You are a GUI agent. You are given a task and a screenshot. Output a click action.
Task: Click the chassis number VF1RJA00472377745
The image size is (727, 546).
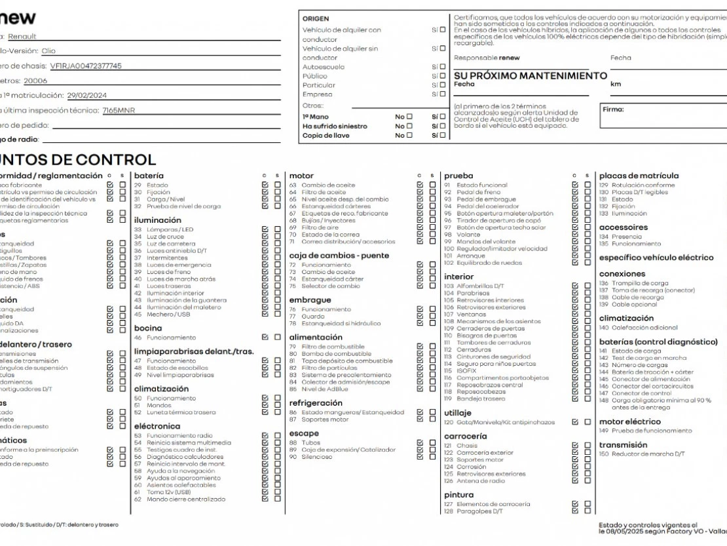point(86,66)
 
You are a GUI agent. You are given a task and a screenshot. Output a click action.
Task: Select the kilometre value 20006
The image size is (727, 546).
point(35,81)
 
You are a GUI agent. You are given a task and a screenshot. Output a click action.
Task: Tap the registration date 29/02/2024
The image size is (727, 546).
point(87,95)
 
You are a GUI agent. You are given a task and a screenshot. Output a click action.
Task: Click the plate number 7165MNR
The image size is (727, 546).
point(119,110)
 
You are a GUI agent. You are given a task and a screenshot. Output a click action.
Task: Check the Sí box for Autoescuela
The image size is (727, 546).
point(442,67)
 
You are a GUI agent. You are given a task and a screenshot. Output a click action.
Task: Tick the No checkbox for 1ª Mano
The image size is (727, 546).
point(409,117)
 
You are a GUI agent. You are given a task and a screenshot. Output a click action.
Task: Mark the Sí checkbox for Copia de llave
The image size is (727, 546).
point(442,136)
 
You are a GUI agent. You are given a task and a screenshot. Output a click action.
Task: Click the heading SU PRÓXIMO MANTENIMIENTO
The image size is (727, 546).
point(531,76)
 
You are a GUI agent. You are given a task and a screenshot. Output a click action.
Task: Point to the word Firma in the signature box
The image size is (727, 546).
point(612,109)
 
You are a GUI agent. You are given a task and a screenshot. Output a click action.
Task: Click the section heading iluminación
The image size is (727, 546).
point(157,220)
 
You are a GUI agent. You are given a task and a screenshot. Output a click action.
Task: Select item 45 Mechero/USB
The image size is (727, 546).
point(168,314)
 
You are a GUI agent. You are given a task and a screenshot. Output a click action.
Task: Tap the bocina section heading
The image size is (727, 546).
point(147,328)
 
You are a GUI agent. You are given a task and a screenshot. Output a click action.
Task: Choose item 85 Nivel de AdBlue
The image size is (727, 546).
point(325,389)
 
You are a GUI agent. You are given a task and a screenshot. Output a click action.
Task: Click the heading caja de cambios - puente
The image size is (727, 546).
point(339,256)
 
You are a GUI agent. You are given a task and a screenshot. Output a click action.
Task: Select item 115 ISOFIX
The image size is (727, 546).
point(466,370)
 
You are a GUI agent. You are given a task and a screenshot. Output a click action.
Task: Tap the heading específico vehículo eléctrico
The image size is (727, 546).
point(656,258)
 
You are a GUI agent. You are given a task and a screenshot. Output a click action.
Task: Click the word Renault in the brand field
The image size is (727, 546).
point(22,36)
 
